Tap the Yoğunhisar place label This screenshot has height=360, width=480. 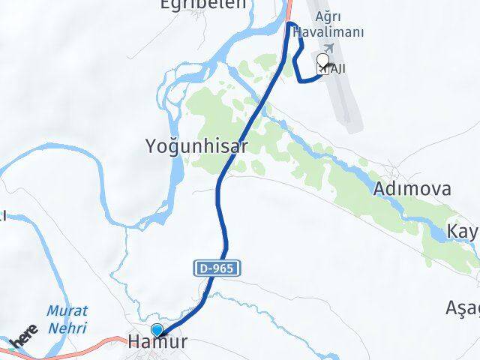click(196, 146)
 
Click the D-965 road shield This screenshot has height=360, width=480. click(220, 268)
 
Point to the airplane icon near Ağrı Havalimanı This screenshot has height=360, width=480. click(329, 47)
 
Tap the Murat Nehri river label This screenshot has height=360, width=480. click(66, 319)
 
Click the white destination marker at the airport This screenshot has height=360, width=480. click(323, 61)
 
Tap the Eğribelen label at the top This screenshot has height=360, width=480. click(192, 4)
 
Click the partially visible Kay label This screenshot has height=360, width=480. click(463, 229)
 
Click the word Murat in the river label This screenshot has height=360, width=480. click(67, 310)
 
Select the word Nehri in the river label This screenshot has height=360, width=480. click(66, 328)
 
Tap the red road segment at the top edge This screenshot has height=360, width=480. click(288, 9)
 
